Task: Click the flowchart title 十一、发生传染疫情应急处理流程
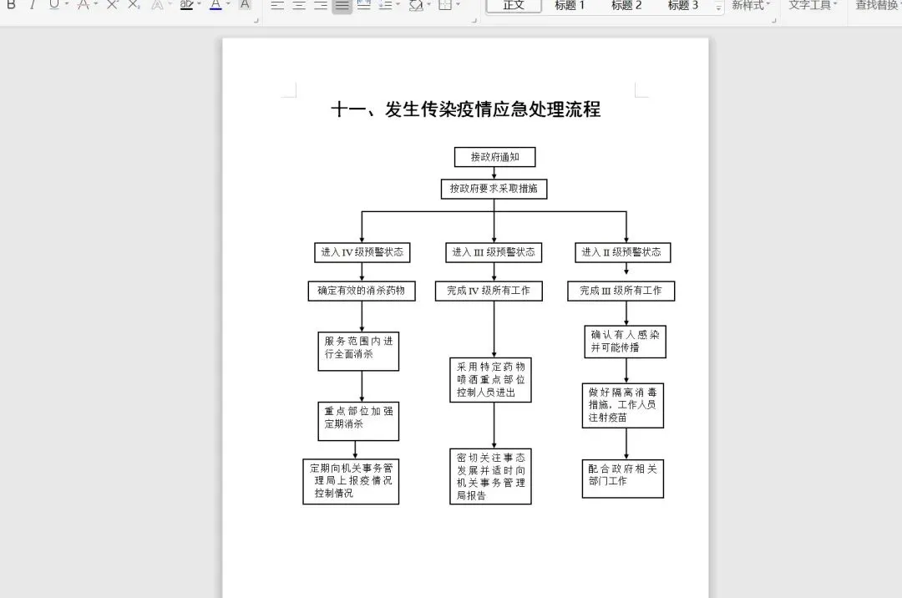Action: click(465, 109)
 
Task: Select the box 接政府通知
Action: click(494, 157)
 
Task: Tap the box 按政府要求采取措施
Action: click(494, 189)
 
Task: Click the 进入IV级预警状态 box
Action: click(362, 252)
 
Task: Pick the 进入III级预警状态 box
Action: click(494, 251)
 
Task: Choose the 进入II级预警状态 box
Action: click(622, 252)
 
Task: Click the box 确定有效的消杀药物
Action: click(362, 291)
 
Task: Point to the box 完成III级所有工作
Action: click(621, 291)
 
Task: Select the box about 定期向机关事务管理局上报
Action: click(351, 481)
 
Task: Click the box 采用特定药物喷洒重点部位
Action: click(490, 380)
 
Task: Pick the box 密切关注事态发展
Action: click(490, 476)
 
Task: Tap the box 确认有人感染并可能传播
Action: click(625, 341)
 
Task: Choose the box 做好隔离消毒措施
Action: click(622, 405)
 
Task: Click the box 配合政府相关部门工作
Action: click(622, 478)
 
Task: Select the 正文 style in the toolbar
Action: click(514, 6)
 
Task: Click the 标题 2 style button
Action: click(626, 6)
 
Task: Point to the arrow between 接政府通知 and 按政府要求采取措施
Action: click(494, 173)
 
